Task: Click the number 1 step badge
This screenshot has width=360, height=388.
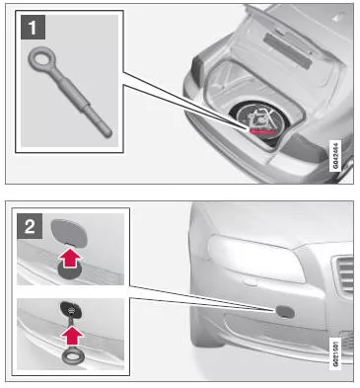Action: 33,28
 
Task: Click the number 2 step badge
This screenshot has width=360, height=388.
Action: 30,226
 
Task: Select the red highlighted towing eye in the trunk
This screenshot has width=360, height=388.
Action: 262,131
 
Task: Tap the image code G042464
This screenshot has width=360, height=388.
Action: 335,155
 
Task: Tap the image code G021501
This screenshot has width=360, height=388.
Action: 335,352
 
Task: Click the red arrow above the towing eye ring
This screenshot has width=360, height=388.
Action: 72,336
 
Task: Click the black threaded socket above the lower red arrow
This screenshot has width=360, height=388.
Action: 71,309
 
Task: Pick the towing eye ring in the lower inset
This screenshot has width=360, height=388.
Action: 72,355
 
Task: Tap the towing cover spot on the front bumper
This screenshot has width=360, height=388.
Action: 285,311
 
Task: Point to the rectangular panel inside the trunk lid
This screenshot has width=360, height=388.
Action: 287,50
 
